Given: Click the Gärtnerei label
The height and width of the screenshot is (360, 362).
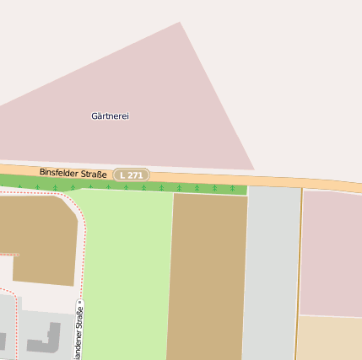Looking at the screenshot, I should point(110,116).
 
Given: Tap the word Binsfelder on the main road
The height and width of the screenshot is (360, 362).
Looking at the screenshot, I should point(62,172).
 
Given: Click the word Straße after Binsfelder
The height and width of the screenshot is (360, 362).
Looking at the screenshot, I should point(95,175).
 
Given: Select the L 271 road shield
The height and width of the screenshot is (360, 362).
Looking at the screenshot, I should point(131,175).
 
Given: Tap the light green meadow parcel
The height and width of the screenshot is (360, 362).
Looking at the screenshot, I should point(127,270).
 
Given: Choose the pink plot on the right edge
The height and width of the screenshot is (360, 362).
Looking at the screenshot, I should point(332,253).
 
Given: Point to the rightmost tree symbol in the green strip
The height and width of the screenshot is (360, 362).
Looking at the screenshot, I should point(232,189).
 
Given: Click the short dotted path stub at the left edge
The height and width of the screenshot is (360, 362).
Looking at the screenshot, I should point(8,254).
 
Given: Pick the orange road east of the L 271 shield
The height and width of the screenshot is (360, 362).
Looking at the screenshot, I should point(253,179).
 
